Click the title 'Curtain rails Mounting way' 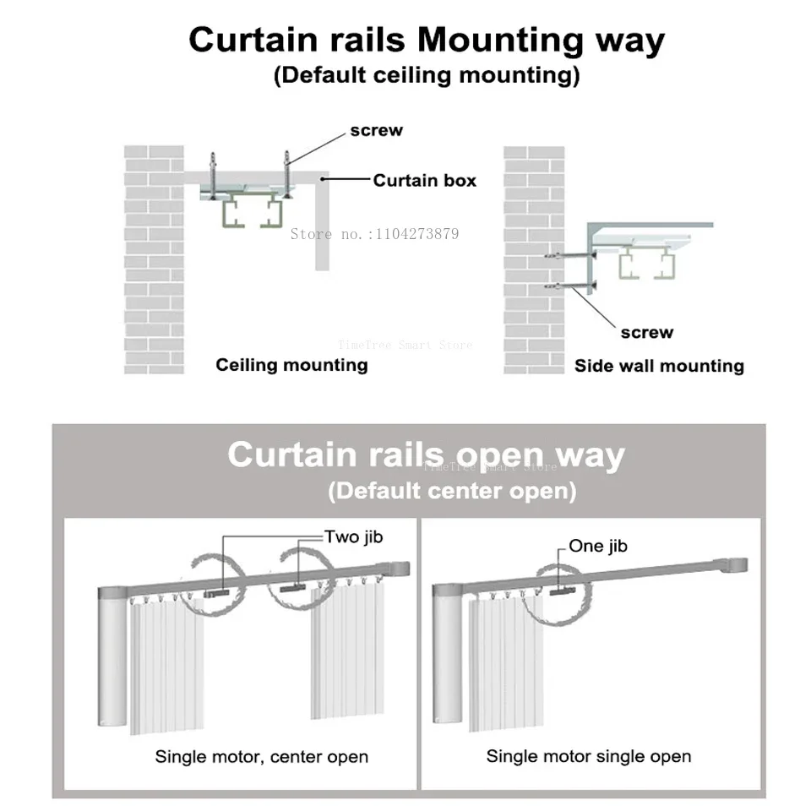[426, 40]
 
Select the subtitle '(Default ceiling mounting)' [426, 75]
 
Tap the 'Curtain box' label [424, 180]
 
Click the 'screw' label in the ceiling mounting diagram [376, 130]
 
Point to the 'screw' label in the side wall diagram [646, 332]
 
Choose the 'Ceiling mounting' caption [291, 365]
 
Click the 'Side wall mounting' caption [659, 366]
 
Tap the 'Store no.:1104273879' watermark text [374, 234]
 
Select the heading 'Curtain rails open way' [426, 454]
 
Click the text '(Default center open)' [451, 491]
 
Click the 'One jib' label [597, 546]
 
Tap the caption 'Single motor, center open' [261, 756]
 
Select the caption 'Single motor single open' [588, 756]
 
